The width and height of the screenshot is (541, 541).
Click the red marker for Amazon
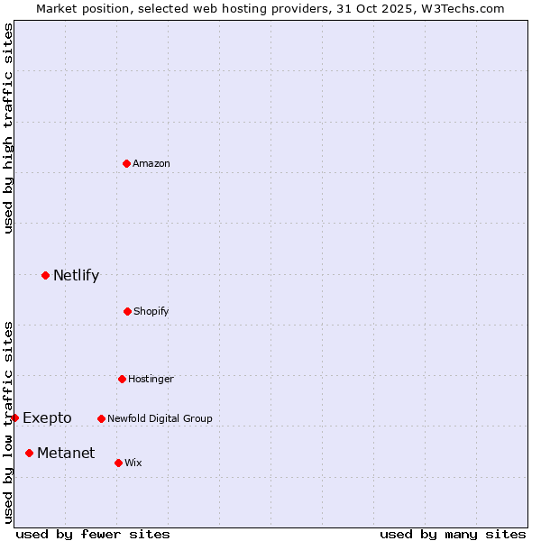(x=127, y=163)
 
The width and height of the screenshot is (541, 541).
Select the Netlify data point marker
(x=46, y=275)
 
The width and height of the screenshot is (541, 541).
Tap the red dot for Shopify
(x=127, y=311)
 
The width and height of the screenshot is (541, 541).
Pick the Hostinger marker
(x=122, y=379)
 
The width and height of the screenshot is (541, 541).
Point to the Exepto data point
(x=15, y=417)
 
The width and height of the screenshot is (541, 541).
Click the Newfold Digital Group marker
(x=101, y=418)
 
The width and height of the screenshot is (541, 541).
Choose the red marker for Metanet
(x=30, y=453)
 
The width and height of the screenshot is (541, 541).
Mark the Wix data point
(x=118, y=463)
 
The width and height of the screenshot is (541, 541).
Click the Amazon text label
(x=151, y=164)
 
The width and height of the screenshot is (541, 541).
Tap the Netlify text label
(x=76, y=276)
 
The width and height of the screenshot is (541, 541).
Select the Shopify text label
(x=151, y=312)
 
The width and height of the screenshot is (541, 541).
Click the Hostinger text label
(x=151, y=380)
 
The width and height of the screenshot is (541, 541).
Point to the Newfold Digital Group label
(x=160, y=418)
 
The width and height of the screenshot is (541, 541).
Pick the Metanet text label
(x=66, y=453)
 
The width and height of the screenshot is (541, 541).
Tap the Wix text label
(x=133, y=463)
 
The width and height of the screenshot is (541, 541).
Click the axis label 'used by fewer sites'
(x=93, y=534)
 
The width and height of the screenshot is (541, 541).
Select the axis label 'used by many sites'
(x=453, y=534)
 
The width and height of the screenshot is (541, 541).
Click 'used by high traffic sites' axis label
(x=8, y=128)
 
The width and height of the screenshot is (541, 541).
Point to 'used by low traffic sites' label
(x=8, y=422)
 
